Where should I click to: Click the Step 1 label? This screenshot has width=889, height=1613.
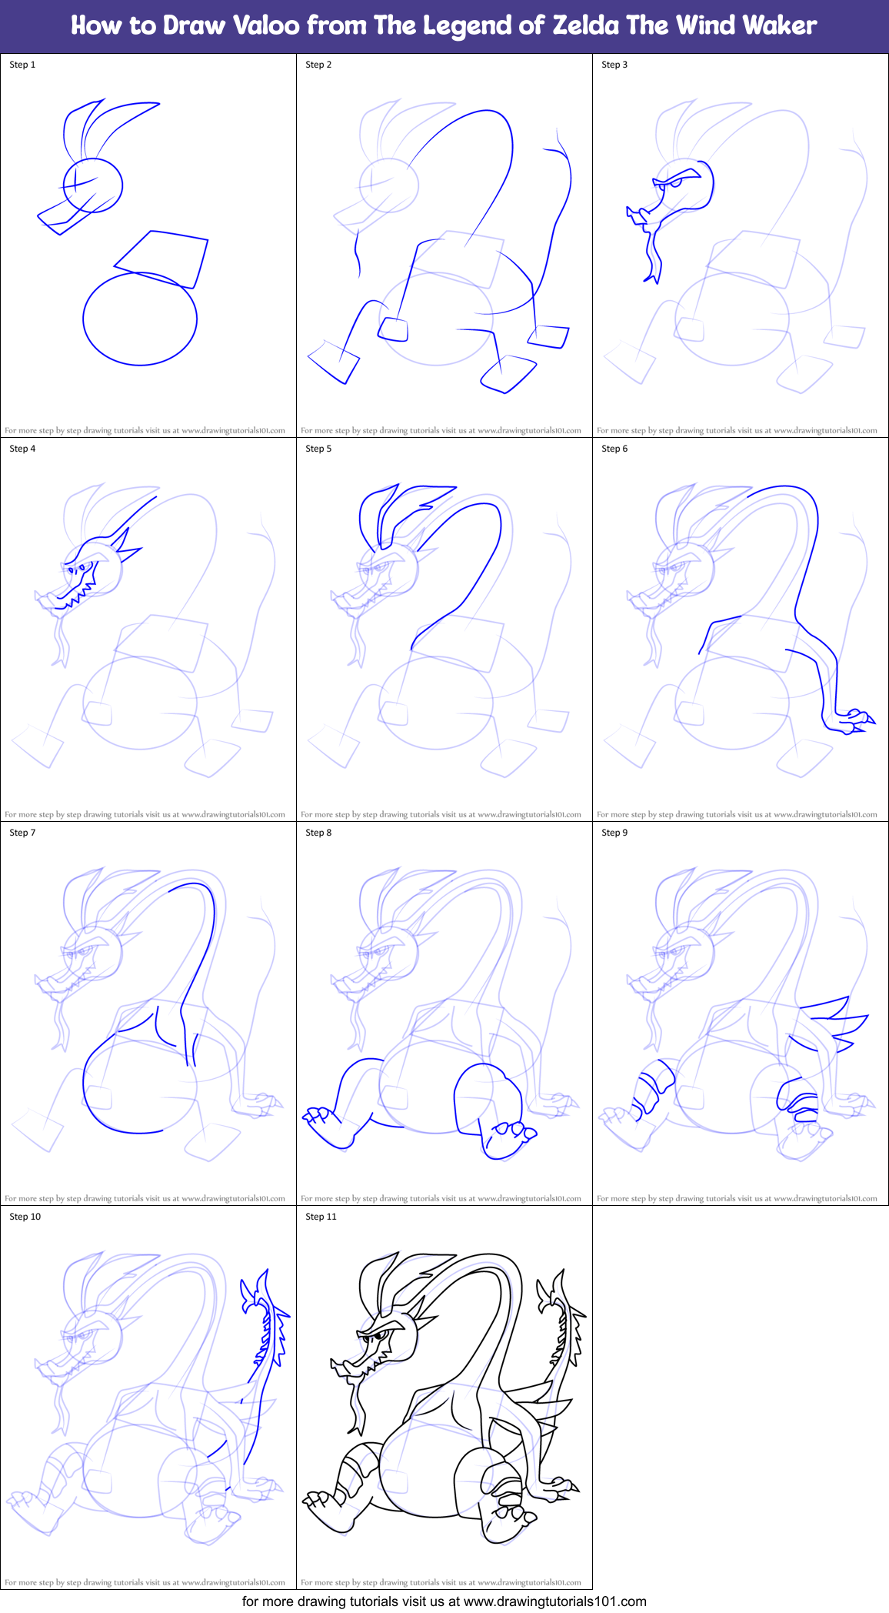[22, 65]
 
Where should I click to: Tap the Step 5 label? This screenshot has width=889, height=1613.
[318, 449]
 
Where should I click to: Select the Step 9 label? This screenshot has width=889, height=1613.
[614, 833]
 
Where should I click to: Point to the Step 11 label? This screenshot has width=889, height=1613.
[321, 1217]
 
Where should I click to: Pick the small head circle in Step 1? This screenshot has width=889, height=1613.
[93, 185]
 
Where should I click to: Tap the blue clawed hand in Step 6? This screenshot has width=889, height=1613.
[855, 721]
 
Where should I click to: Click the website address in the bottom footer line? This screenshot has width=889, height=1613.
[554, 1601]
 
